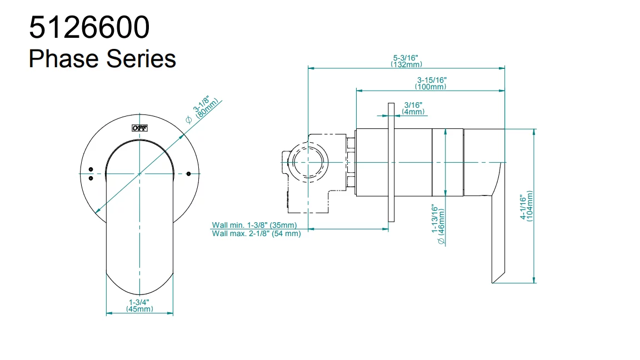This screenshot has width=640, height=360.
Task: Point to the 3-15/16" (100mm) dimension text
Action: (x=431, y=83)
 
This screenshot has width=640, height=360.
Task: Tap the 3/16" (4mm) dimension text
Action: (x=413, y=108)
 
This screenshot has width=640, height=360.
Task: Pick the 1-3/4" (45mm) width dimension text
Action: (x=139, y=305)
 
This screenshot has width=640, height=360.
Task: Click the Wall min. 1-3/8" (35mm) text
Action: (x=254, y=225)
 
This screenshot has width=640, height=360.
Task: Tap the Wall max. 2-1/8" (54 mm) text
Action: (x=256, y=234)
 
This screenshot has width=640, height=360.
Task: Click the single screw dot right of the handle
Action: (x=189, y=174)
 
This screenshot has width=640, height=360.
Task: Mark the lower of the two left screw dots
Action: (x=91, y=178)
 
